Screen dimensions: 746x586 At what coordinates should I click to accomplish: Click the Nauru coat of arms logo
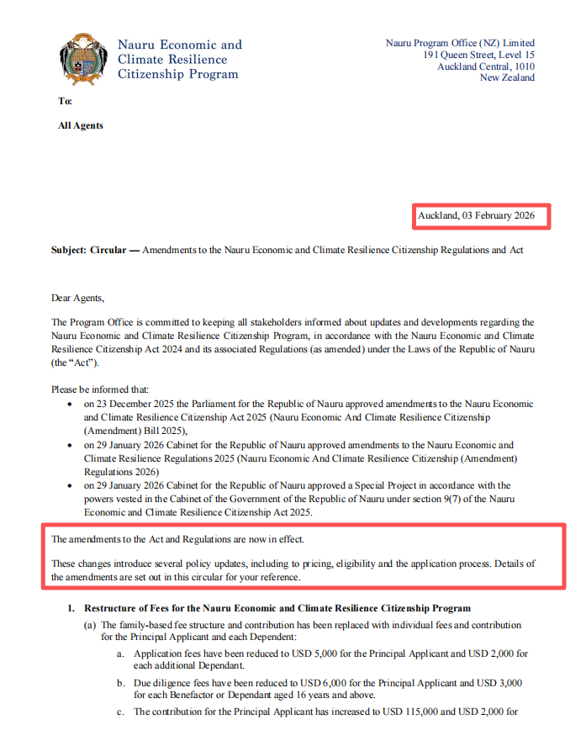84,60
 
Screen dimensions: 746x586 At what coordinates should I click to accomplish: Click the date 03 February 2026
499,216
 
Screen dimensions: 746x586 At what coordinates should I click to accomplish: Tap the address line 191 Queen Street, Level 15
478,55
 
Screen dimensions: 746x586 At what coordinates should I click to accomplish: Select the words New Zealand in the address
507,78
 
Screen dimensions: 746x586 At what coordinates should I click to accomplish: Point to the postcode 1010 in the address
524,66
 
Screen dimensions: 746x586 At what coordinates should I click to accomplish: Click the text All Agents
81,125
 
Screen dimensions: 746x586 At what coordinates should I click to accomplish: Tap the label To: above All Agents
65,101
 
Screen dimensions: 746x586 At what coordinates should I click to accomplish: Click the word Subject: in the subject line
69,251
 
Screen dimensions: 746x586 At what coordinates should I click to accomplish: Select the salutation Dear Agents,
79,298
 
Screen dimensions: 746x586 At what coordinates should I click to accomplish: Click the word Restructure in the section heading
114,608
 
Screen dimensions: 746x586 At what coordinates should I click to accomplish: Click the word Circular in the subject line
109,251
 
